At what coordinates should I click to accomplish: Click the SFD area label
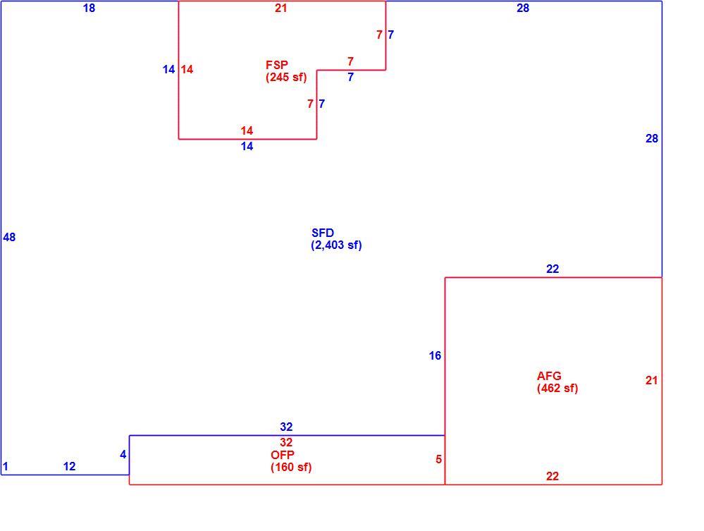click(322, 233)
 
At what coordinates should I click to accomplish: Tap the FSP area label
click(276, 65)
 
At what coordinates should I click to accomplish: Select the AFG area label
click(549, 376)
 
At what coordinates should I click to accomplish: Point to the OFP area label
click(283, 455)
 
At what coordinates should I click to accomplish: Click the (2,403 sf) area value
click(336, 245)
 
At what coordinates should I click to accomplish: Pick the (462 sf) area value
click(557, 388)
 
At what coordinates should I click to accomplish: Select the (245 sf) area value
click(286, 78)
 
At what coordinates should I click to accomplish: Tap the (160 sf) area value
click(291, 468)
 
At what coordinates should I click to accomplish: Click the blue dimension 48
click(9, 237)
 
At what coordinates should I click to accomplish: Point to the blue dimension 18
click(89, 8)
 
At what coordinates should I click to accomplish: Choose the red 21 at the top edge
click(281, 8)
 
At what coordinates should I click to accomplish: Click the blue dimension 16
click(435, 356)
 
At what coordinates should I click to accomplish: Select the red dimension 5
click(438, 460)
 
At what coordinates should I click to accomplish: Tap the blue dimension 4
click(123, 455)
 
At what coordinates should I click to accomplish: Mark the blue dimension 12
click(69, 467)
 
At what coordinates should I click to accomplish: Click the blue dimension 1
click(6, 467)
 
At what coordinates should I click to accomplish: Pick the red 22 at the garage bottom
click(552, 476)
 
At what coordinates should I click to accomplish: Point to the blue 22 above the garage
click(552, 269)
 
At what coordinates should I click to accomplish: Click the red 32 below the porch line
click(286, 443)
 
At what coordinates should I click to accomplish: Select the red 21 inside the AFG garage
click(651, 381)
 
